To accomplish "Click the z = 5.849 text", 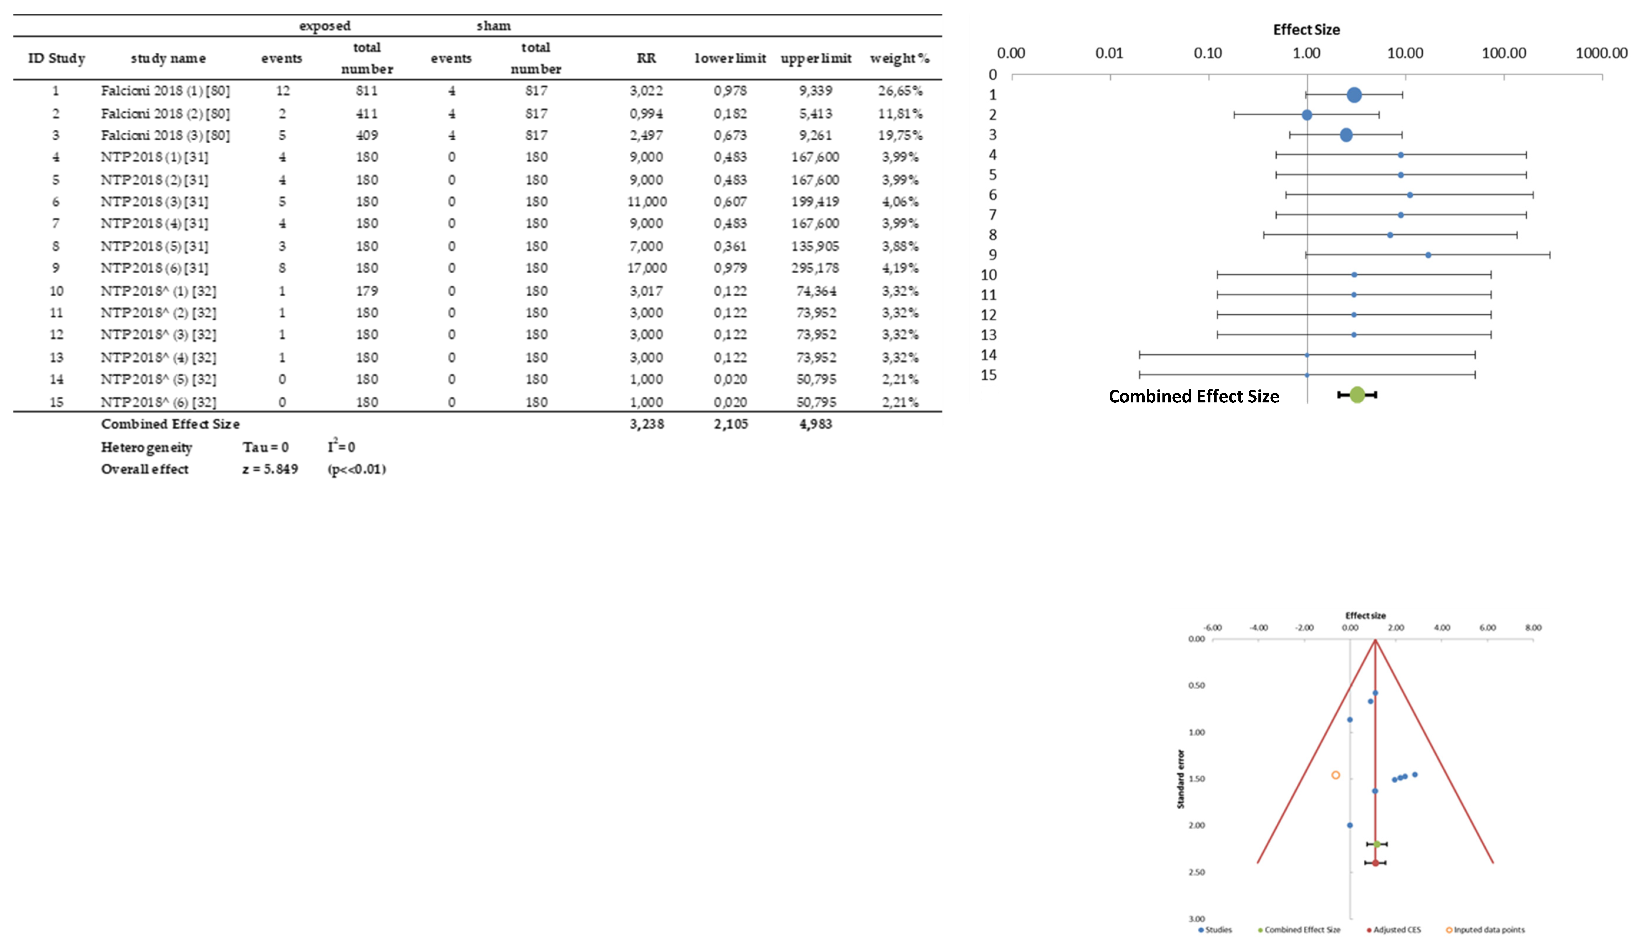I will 270,469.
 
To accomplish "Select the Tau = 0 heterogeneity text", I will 265,447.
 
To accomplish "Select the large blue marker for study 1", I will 1354,95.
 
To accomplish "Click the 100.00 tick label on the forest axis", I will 1503,53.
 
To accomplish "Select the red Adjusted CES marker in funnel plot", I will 1375,863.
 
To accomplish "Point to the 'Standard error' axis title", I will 1181,779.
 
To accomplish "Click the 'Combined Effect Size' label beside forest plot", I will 1194,396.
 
